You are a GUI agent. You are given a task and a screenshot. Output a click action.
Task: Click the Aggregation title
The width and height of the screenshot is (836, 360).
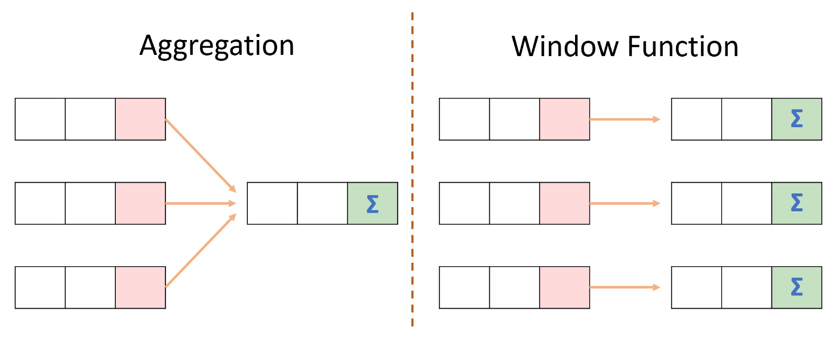217,46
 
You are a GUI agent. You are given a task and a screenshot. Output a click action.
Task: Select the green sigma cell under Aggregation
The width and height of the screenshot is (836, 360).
373,204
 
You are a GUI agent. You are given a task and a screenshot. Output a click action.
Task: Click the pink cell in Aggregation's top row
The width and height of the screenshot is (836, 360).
140,119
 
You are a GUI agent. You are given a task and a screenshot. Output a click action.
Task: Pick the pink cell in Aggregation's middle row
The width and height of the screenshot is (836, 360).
140,204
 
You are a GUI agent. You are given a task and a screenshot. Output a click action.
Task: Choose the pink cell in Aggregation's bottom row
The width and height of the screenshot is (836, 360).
140,288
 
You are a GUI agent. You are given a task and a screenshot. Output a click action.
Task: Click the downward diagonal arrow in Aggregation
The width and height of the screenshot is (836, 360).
200,155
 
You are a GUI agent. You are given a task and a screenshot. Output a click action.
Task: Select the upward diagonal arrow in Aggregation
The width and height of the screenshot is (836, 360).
200,251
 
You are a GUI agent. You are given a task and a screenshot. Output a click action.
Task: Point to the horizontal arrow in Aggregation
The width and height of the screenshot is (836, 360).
201,204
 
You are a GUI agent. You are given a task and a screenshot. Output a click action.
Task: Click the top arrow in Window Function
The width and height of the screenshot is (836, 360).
625,119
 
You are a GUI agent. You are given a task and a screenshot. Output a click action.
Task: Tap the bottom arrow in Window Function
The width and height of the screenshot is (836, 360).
625,288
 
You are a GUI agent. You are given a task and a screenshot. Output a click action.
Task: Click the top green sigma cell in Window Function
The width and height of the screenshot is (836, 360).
796,119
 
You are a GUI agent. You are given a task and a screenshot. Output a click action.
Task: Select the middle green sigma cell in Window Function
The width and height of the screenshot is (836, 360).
796,204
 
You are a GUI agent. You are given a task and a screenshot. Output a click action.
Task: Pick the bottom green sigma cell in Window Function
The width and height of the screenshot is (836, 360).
796,288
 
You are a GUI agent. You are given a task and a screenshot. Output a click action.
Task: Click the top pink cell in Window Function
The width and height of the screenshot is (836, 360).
564,119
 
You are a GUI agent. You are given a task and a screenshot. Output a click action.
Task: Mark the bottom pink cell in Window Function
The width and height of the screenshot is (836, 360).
564,288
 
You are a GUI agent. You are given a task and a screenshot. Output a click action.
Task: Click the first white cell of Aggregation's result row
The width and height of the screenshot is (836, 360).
272,204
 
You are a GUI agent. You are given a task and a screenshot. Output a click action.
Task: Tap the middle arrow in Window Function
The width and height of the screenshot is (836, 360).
625,204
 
